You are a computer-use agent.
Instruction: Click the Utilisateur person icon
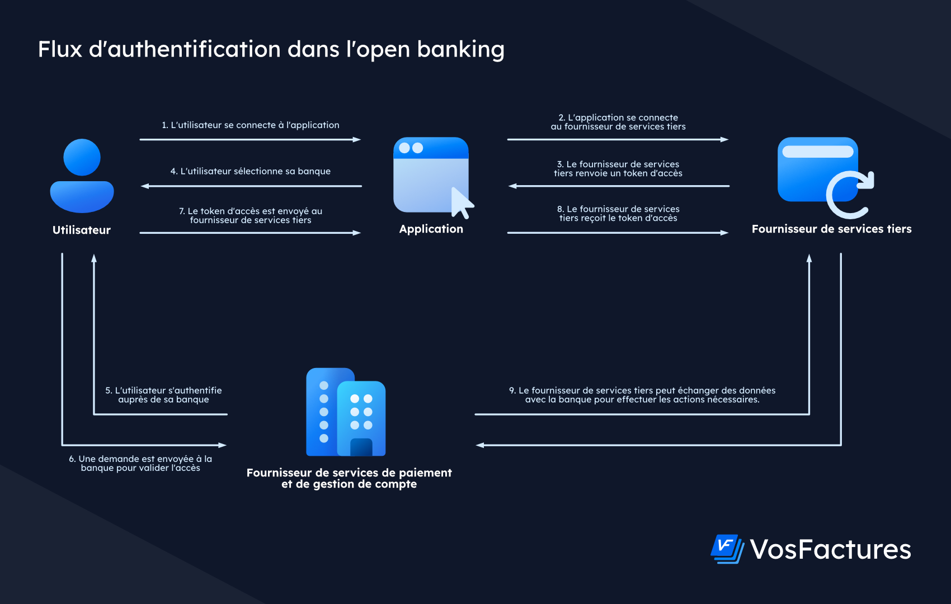82,176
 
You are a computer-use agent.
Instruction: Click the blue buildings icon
346,412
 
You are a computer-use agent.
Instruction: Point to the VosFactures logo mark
727,549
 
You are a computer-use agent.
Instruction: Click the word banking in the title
460,50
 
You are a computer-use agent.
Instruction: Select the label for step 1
251,125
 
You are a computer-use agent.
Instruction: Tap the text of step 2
618,122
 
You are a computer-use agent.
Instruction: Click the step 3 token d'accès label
618,168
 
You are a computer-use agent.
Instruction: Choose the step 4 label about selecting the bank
251,171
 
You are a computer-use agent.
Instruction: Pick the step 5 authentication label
163,395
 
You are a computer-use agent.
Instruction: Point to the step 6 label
140,463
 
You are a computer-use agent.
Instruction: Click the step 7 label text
251,215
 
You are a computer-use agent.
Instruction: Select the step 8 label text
618,214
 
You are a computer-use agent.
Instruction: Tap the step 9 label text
642,395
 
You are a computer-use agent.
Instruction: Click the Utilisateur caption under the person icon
82,230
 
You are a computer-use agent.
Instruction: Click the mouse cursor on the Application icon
462,203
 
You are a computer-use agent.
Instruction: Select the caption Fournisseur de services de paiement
349,473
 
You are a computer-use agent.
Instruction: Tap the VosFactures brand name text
830,549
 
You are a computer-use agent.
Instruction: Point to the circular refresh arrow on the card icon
850,194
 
